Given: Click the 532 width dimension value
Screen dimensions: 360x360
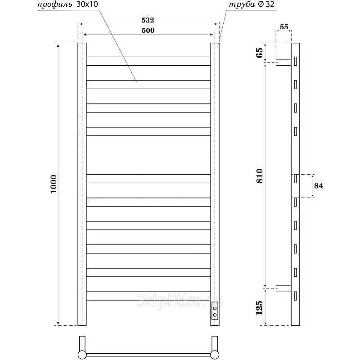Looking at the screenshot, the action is [x=148, y=20].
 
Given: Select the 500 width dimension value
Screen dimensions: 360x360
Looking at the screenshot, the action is [x=148, y=30].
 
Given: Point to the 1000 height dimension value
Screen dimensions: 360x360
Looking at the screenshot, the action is [x=54, y=184].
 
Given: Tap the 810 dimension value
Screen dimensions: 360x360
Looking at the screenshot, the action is [x=260, y=176].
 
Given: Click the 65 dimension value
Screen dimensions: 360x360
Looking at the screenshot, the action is [x=259, y=53].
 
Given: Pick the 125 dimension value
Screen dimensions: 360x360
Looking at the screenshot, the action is [x=259, y=308].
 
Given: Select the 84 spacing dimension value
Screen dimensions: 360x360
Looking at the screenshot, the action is [x=319, y=185].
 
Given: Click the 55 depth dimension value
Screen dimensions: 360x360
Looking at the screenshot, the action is [x=284, y=27].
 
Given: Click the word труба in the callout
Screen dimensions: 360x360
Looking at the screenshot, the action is [x=242, y=4].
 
